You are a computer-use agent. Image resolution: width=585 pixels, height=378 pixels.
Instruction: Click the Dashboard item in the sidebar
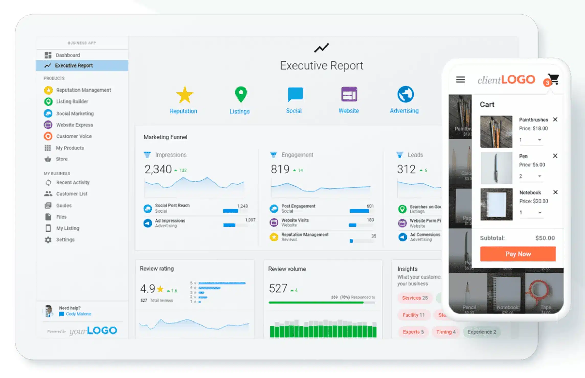click(x=67, y=55)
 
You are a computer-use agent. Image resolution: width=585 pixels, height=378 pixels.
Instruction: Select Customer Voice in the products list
click(x=74, y=136)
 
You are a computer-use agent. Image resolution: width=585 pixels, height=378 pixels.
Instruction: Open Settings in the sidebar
click(x=65, y=240)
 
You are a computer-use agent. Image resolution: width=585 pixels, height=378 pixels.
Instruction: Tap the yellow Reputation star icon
click(x=185, y=95)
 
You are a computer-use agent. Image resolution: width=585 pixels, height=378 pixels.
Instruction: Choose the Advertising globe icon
click(x=405, y=94)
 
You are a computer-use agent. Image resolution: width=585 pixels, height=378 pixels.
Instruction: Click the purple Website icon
click(x=349, y=94)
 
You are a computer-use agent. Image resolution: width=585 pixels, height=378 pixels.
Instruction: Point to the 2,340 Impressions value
click(x=158, y=169)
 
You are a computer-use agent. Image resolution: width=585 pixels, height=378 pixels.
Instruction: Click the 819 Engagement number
click(x=280, y=169)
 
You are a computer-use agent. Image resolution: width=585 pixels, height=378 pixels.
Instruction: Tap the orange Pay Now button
click(x=518, y=254)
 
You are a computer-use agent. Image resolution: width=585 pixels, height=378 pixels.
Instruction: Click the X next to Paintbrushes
click(x=555, y=119)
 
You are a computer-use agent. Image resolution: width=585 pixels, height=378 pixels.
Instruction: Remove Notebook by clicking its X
click(x=555, y=192)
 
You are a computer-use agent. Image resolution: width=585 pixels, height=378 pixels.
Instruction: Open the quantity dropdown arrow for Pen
click(x=539, y=176)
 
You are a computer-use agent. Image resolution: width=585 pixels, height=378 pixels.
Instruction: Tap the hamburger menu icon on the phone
click(x=460, y=80)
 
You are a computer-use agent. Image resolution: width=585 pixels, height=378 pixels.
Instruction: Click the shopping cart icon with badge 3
click(x=553, y=80)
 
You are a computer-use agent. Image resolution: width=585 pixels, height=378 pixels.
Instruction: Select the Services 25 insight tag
click(x=415, y=298)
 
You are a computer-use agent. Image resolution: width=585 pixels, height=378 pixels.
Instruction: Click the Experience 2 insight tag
click(x=482, y=332)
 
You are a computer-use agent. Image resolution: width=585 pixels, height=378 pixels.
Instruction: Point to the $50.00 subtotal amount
click(x=545, y=238)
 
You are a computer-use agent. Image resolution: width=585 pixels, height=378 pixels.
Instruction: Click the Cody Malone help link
click(x=78, y=314)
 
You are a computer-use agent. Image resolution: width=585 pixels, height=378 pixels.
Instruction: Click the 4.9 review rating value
click(x=148, y=289)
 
